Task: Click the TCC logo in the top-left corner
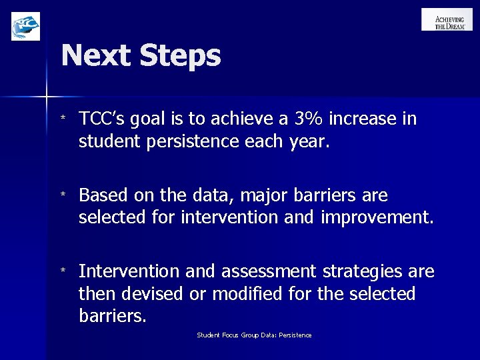pyautogui.click(x=25, y=26)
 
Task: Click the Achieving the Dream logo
pyautogui.click(x=446, y=19)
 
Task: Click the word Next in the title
pyautogui.click(x=97, y=56)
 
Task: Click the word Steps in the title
pyautogui.click(x=179, y=56)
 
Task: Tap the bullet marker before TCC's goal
pyautogui.click(x=63, y=119)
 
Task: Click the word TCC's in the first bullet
pyautogui.click(x=103, y=119)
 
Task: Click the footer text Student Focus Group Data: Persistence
pyautogui.click(x=254, y=335)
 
